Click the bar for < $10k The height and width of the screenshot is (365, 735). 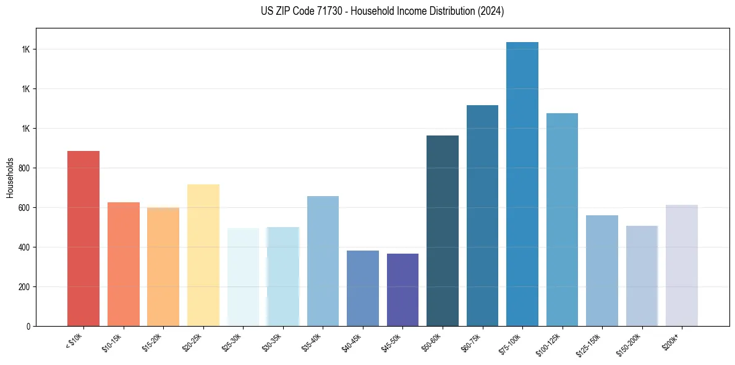pos(83,238)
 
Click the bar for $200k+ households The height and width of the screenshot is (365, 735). pos(682,265)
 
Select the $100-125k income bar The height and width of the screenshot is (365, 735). pos(562,220)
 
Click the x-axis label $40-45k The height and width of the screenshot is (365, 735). pos(352,342)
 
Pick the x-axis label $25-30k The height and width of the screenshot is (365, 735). pos(232,342)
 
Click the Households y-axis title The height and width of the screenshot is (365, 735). pos(10,178)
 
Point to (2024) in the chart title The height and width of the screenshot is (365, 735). pos(491,11)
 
